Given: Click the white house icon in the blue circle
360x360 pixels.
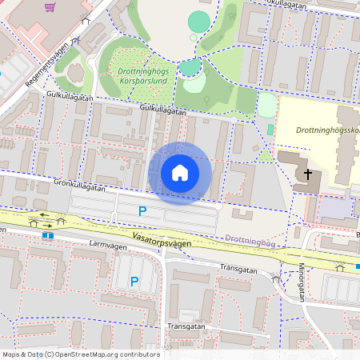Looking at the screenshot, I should point(180,173).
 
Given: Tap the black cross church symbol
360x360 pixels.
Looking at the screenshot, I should point(308,174).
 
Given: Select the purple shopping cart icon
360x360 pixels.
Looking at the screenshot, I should point(50,7).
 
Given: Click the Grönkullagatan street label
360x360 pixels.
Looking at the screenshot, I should point(80,185).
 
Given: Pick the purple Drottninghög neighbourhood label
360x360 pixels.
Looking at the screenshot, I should point(250,238).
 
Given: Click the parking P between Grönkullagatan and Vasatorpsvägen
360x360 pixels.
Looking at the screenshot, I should point(142,212).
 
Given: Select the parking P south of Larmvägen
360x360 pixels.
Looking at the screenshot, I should point(134,282).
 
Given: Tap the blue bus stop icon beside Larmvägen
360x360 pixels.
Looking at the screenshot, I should point(49,235).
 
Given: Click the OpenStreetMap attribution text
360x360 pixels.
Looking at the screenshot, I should point(81,354).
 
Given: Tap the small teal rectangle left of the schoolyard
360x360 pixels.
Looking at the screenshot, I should point(270,129).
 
